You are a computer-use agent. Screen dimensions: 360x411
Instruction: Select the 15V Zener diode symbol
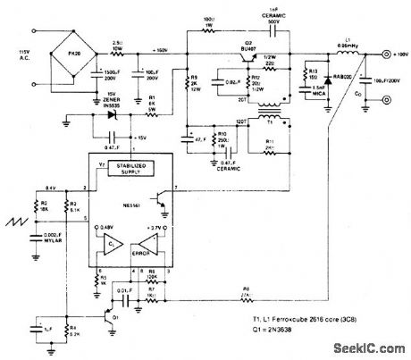coord(113,114)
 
